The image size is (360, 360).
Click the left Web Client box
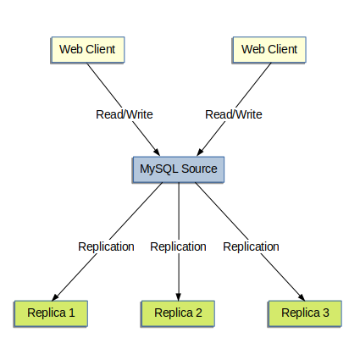coord(87,49)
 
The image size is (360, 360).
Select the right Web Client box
coord(269,49)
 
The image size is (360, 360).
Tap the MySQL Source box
coord(178,169)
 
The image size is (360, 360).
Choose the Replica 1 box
coord(51,313)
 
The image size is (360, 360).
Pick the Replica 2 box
coord(178,313)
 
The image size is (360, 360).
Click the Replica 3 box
coord(305,313)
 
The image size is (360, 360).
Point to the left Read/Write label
coord(123,114)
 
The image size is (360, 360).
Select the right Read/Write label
coord(234,114)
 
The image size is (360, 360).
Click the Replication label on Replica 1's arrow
coord(106,246)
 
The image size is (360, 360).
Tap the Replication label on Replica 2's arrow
coord(178,246)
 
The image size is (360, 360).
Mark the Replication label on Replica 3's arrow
coord(251,246)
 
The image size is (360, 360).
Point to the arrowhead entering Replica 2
coord(178,296)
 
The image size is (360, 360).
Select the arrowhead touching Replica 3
coord(302,296)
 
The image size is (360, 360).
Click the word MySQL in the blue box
coord(158,169)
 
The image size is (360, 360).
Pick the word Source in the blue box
coord(199,169)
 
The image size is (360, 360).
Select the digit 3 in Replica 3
coord(326,313)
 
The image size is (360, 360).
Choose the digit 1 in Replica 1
coord(72,313)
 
